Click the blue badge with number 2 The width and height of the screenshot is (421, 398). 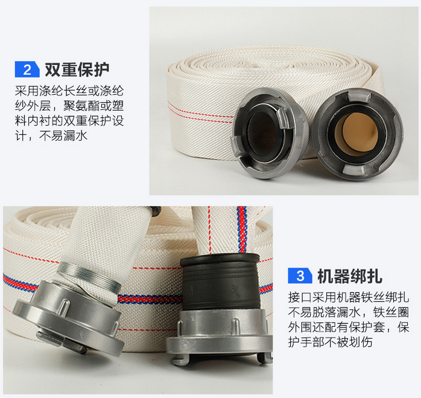[27, 69]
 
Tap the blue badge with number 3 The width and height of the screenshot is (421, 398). [300, 275]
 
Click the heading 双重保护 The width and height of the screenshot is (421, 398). [77, 69]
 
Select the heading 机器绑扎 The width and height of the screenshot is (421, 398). [350, 276]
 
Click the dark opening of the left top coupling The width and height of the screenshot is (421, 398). [264, 133]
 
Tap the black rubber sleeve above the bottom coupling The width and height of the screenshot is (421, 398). [220, 283]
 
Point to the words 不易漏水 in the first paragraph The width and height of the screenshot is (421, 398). [63, 135]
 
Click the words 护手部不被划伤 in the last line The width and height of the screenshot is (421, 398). [331, 342]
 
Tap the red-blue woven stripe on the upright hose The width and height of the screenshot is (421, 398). [242, 230]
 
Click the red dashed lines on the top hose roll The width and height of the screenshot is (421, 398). [200, 113]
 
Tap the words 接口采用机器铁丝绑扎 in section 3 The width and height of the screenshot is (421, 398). [349, 297]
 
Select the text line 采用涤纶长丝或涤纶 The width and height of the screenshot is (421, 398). [69, 91]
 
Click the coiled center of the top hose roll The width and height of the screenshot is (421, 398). [271, 60]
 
